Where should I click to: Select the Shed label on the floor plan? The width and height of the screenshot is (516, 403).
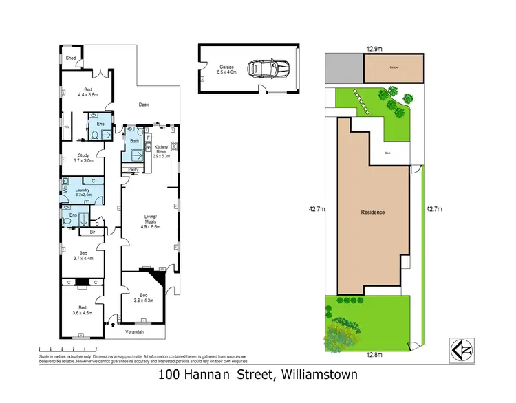click(70, 58)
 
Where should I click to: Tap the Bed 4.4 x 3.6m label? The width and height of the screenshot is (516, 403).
click(87, 92)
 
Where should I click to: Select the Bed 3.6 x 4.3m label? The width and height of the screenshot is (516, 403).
click(141, 297)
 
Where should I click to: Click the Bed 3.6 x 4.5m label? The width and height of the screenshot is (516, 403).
click(82, 310)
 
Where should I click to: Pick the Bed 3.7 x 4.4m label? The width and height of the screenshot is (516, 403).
click(82, 256)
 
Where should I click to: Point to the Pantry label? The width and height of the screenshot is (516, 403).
click(133, 168)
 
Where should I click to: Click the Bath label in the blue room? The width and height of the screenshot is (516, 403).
click(133, 141)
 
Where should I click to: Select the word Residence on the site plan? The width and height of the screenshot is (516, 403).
click(373, 212)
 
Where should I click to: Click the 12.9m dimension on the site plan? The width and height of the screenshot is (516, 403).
click(374, 49)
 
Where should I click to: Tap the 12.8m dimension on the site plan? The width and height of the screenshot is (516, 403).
click(372, 356)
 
